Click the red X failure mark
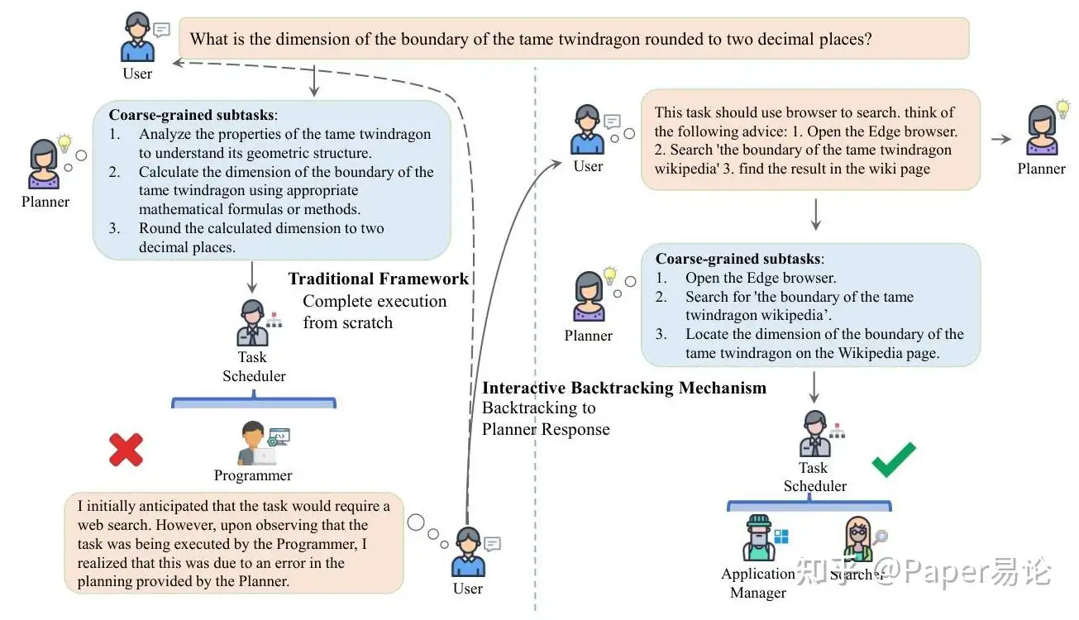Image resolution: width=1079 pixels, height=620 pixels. pos(126,451)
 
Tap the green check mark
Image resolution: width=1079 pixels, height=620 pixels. pos(895,459)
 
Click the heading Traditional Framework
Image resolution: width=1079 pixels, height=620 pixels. pos(378,279)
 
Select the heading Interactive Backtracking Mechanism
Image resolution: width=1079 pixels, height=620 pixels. pos(624,388)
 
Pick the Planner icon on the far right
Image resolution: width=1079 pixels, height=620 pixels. pos(1042,131)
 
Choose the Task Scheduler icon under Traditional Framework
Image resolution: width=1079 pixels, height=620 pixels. pos(253,323)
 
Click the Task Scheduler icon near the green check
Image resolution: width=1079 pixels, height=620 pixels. pos(814,434)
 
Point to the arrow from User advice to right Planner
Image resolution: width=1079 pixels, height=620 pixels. pos(1000,139)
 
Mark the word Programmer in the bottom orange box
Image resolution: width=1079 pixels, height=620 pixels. pos(317,544)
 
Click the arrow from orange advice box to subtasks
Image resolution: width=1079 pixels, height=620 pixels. pos(816,215)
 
